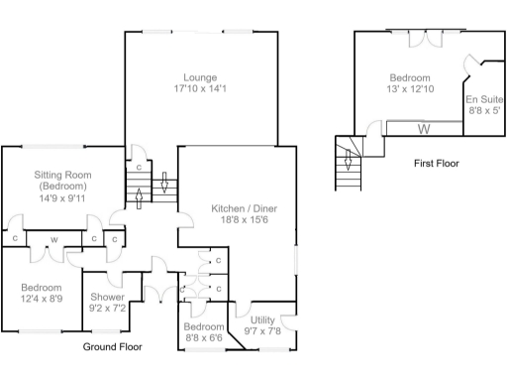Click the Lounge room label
(200, 76)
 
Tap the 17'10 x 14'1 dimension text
(200, 89)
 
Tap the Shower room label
(107, 297)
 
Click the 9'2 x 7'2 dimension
(107, 309)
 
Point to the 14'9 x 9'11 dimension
(63, 197)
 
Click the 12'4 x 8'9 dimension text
(42, 300)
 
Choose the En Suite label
(482, 99)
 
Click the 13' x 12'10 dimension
(409, 90)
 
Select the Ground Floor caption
(112, 347)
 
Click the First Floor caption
(436, 163)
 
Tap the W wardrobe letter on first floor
(424, 128)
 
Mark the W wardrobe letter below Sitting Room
(52, 239)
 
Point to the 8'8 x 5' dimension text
(482, 111)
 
